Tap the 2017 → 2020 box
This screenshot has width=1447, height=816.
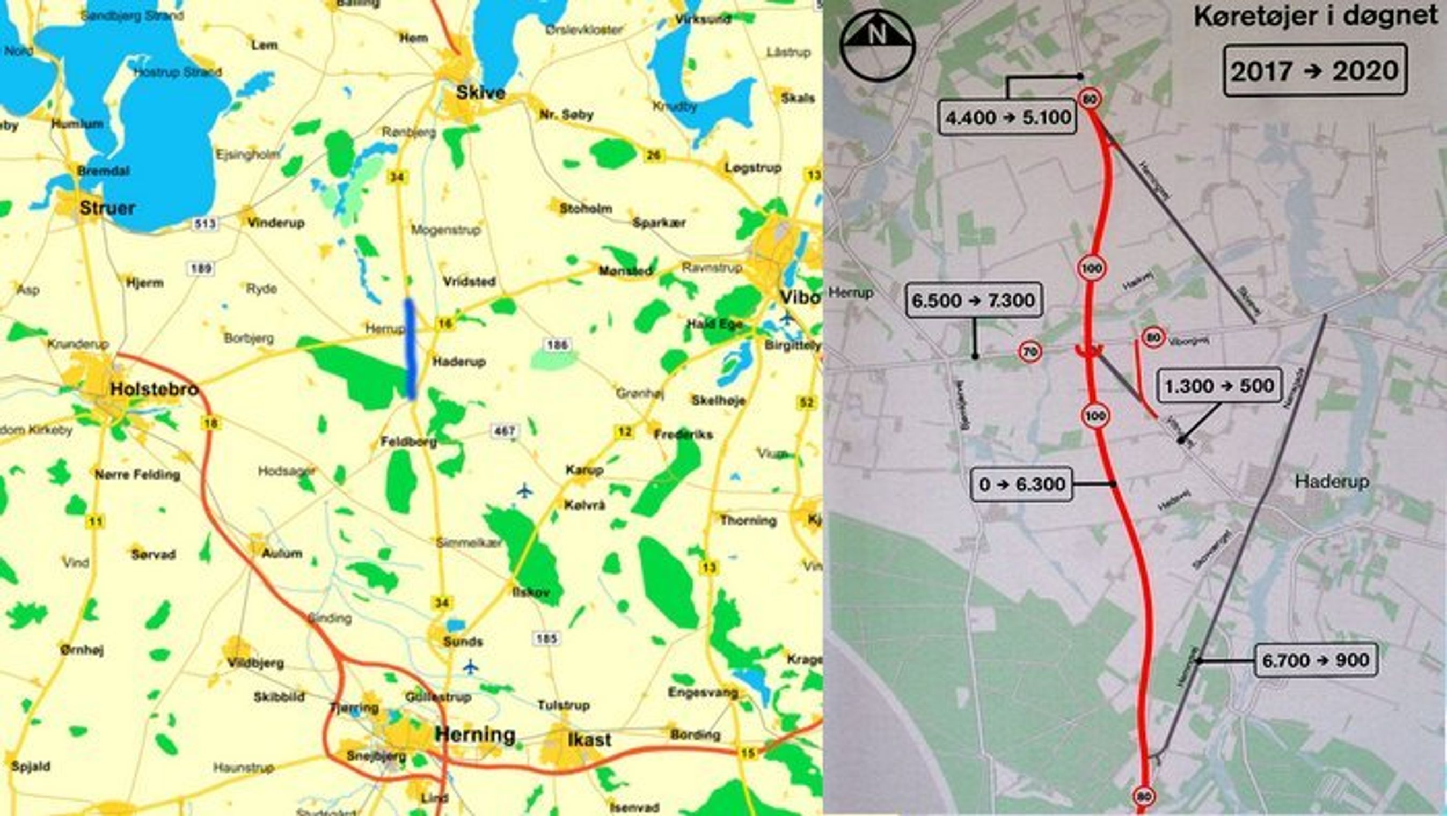[x=1314, y=71]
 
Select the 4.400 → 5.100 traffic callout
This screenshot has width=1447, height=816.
[x=1008, y=118]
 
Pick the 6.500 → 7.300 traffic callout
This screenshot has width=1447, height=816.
[x=974, y=300]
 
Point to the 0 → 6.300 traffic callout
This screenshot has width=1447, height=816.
[x=1022, y=484]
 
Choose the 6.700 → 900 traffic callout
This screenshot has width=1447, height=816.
[x=1316, y=660]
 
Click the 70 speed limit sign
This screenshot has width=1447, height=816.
[x=1029, y=352]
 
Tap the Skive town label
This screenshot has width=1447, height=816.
[x=480, y=93]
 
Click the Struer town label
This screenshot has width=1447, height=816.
[x=107, y=208]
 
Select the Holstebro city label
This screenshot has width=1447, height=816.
[x=155, y=388]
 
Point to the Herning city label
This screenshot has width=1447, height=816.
[x=474, y=734]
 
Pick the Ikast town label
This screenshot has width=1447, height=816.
[x=589, y=740]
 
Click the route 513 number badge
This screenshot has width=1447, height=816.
[x=204, y=224]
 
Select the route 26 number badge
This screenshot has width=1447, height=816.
[x=653, y=155]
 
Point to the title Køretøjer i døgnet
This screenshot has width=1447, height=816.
[x=1315, y=16]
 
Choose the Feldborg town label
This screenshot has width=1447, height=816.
[x=408, y=442]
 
